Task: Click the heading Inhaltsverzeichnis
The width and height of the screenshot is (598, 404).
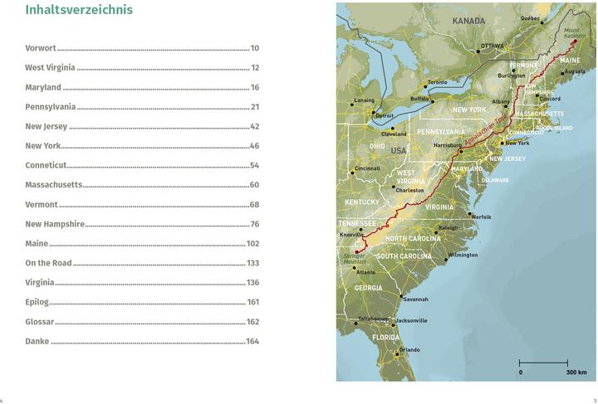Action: click(x=79, y=11)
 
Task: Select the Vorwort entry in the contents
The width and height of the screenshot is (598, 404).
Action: click(x=41, y=48)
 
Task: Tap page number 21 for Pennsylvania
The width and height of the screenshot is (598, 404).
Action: click(x=255, y=107)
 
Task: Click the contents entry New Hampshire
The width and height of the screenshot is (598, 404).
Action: click(x=55, y=224)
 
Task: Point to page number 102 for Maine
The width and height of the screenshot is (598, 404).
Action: click(x=252, y=244)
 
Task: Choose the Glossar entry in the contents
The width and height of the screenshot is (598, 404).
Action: click(x=39, y=322)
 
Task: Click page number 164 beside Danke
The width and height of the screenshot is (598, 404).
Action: click(x=252, y=341)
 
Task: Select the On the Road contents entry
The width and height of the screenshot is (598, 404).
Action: click(x=48, y=263)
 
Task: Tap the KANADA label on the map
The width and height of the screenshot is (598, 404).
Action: click(x=468, y=20)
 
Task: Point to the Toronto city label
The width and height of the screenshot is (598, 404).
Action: click(x=437, y=82)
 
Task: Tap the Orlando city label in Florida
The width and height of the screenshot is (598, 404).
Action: click(x=409, y=349)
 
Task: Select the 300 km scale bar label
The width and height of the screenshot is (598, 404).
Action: click(x=576, y=372)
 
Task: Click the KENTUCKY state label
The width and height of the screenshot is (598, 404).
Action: click(x=362, y=202)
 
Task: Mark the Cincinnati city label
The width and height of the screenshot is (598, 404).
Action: click(x=367, y=169)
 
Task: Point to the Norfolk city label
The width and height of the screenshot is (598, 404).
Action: click(x=482, y=217)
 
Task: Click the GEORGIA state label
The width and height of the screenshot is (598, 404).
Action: click(x=368, y=288)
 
